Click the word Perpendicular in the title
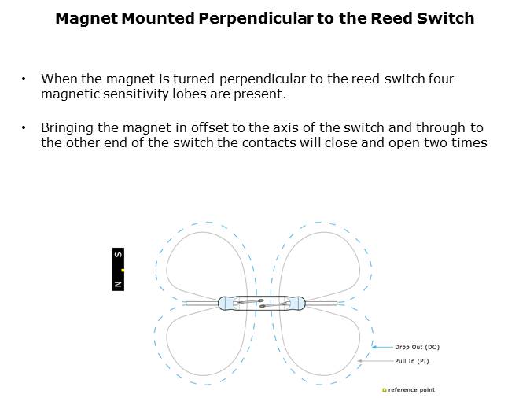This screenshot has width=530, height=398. [256, 19]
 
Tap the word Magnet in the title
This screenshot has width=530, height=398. [86, 18]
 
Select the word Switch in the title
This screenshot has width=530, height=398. [445, 18]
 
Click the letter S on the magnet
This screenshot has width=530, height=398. [118, 255]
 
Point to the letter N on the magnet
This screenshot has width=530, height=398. [118, 284]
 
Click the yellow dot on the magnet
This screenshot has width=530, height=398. [123, 270]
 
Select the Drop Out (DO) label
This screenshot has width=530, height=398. [417, 347]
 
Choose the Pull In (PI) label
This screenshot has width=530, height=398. [412, 361]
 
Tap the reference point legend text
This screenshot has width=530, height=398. [412, 390]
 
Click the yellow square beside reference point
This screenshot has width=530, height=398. [384, 390]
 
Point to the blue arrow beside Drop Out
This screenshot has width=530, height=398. [383, 347]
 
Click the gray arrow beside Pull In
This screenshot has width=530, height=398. [376, 361]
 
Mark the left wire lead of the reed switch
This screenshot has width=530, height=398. [201, 304]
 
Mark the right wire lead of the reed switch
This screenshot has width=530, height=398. [321, 304]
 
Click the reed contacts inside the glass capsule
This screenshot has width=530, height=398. [262, 303]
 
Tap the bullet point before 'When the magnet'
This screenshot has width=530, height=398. [24, 79]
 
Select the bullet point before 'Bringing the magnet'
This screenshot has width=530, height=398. [24, 128]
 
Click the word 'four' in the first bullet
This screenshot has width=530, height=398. [441, 79]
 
